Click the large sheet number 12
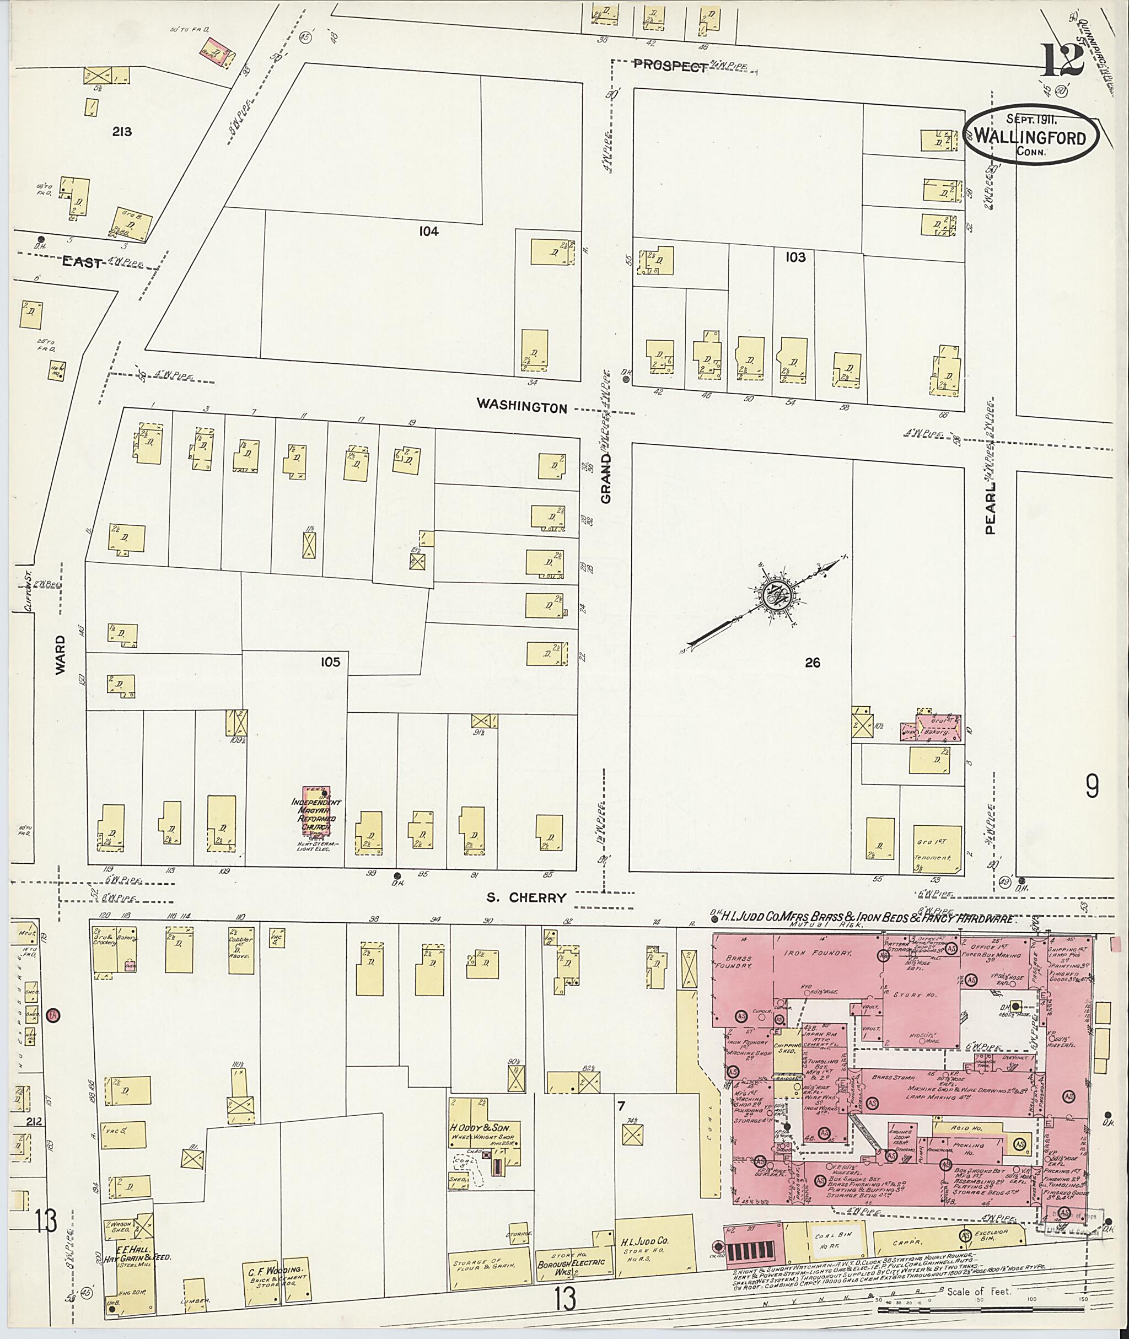[x=1062, y=61]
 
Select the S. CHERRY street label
[x=526, y=898]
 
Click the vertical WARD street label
[x=60, y=654]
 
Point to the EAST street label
[x=82, y=262]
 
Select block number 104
[x=428, y=232]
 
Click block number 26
[x=812, y=663]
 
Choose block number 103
[x=795, y=257]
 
